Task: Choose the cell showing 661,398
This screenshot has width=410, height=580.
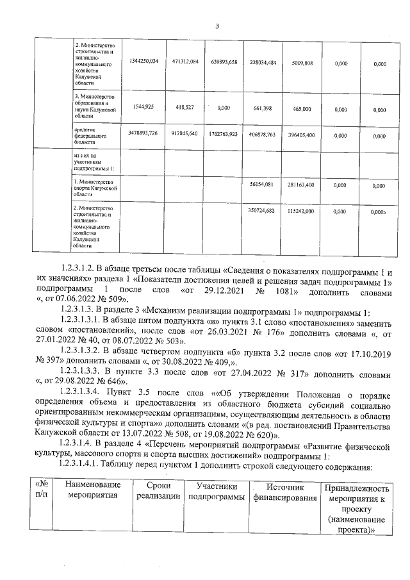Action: (263, 108)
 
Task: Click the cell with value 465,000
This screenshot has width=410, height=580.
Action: (301, 108)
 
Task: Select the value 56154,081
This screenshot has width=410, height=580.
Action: (263, 185)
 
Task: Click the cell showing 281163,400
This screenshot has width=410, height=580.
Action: (301, 185)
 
